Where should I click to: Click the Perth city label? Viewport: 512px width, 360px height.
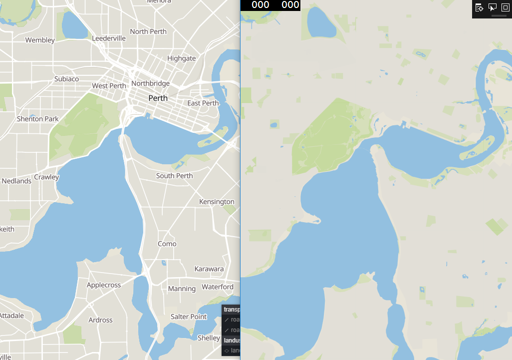coord(158,98)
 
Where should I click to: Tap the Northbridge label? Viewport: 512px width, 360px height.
coord(150,83)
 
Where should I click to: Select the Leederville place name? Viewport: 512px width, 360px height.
coord(109,38)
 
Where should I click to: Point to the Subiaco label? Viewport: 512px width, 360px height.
coord(66,79)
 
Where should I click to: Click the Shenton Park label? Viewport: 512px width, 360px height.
coord(38,119)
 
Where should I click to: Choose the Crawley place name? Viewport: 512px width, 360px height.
coord(46,177)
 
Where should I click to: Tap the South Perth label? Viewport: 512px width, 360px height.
coord(174,176)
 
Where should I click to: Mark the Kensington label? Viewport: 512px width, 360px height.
coord(217,202)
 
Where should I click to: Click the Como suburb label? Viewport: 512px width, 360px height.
coord(167,244)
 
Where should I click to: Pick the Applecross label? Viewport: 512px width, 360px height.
coord(104,285)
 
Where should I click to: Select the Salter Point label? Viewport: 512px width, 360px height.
coord(189,317)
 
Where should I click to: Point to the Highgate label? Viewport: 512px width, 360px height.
coord(182,58)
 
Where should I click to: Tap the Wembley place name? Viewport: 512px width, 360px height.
coord(40,40)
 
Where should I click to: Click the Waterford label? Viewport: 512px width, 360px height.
coord(218,287)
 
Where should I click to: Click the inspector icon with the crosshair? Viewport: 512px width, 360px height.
coord(479,7)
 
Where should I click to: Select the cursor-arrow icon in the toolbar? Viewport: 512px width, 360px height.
coord(493,7)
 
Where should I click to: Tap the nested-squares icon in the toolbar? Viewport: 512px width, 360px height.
coord(505,7)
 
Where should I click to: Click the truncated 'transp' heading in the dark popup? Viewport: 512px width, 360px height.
coord(232,310)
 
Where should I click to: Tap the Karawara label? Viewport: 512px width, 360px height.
coord(209,269)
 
